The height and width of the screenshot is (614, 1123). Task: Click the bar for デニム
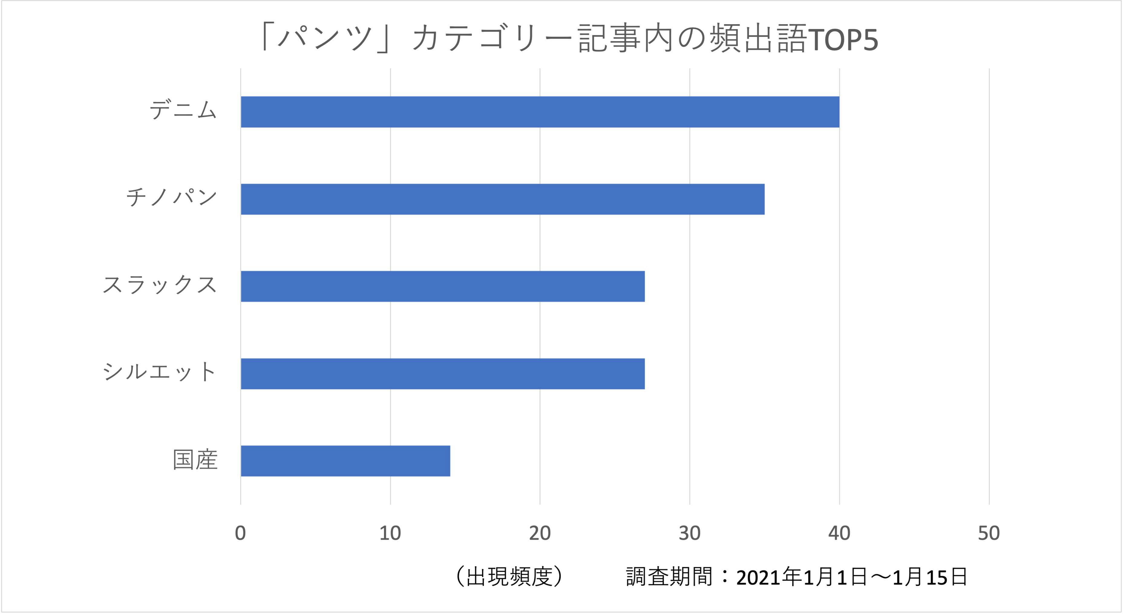coord(540,112)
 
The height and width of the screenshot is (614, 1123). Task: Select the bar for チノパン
coord(502,199)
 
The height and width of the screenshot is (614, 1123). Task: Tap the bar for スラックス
coord(443,286)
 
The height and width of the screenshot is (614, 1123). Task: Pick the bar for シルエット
coord(443,374)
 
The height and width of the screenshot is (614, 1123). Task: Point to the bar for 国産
coord(345,461)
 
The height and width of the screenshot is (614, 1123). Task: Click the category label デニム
coord(183,110)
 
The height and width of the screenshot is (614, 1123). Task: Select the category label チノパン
coord(171,198)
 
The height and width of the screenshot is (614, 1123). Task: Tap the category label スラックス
coord(159,285)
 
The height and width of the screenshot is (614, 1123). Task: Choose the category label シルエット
coord(159,372)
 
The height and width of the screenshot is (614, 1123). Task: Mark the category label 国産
coord(195,460)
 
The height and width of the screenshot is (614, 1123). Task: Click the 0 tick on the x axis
coord(240,533)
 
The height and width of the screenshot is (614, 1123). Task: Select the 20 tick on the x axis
coord(540,533)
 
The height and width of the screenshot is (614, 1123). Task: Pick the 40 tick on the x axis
coord(839,533)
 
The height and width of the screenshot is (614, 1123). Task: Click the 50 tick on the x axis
coord(989,533)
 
